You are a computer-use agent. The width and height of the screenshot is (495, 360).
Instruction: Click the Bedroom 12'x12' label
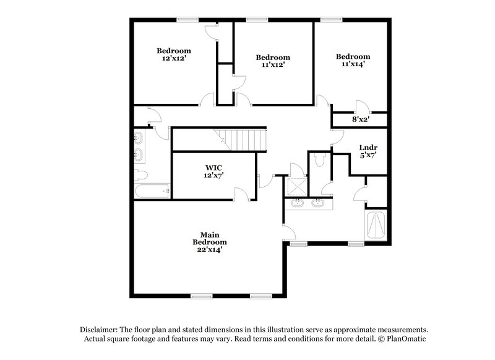(173, 54)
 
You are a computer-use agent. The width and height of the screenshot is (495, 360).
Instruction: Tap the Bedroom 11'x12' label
(273, 61)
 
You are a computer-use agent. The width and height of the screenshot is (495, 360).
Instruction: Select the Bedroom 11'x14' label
(354, 60)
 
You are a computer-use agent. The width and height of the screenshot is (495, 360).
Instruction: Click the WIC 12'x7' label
(214, 171)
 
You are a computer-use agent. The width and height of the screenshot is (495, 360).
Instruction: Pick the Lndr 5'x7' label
(368, 151)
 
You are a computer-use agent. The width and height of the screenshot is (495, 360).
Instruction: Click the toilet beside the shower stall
(319, 161)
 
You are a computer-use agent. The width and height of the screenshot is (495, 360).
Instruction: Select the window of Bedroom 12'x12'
(186, 19)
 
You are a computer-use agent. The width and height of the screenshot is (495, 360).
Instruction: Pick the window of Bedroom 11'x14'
(332, 19)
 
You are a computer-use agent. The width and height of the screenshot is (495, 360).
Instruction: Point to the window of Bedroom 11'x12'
(254, 19)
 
